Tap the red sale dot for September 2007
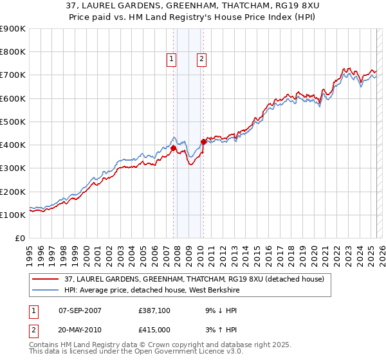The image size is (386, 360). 173,148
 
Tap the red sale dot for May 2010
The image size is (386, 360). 203,141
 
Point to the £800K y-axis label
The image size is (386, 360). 13,52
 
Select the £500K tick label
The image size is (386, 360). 13,122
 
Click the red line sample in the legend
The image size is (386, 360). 45,279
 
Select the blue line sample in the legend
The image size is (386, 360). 45,290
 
